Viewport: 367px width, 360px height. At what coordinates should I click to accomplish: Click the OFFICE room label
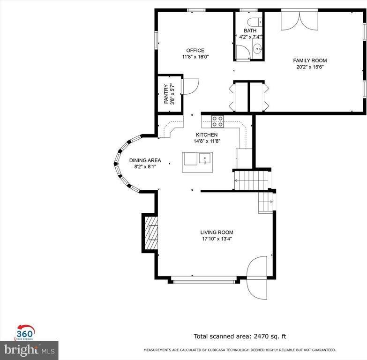click(x=195, y=50)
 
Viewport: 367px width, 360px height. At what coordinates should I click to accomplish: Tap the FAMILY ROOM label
click(x=310, y=60)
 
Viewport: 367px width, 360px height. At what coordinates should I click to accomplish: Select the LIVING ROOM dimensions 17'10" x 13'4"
click(x=217, y=239)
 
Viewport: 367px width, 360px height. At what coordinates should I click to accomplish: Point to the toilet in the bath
click(x=255, y=22)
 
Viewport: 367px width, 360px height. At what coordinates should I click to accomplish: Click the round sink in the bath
click(x=258, y=49)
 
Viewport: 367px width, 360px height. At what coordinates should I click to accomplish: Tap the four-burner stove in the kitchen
click(x=217, y=121)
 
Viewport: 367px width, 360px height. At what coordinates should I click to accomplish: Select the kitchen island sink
click(x=206, y=158)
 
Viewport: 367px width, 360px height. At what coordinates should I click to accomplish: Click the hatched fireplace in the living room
click(x=151, y=232)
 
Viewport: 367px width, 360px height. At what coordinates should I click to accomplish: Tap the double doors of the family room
click(x=300, y=21)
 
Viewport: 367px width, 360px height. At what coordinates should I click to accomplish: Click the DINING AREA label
click(x=145, y=160)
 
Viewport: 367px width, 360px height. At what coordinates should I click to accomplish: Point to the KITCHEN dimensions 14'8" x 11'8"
click(x=207, y=141)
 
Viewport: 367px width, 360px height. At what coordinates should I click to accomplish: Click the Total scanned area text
click(x=240, y=337)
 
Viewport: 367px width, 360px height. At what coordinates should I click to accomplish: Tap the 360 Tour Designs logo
click(x=25, y=332)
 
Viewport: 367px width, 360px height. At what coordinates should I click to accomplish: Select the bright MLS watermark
click(x=29, y=350)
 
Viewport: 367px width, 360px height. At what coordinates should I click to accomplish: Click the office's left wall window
click(x=156, y=40)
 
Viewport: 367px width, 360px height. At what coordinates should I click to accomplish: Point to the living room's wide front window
click(x=204, y=281)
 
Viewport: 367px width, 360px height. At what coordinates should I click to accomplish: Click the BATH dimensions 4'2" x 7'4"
click(x=250, y=37)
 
